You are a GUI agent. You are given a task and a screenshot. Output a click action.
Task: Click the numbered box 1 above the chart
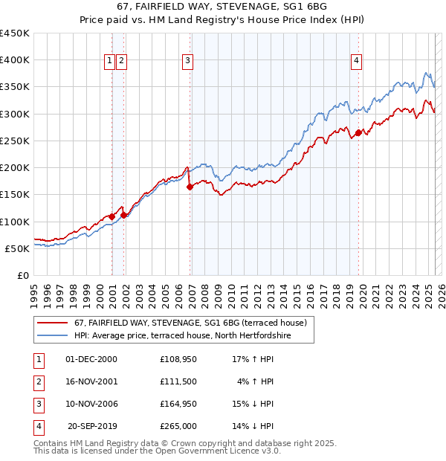[110, 61]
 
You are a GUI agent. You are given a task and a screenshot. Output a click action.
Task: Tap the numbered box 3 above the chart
[188, 61]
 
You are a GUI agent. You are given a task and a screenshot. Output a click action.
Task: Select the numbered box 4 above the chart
[357, 61]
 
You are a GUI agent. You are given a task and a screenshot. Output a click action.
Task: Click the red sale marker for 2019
[358, 133]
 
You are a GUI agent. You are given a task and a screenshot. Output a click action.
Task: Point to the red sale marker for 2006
[190, 187]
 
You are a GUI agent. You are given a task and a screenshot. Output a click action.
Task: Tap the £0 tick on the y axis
[22, 275]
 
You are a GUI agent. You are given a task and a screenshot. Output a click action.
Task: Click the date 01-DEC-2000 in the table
[91, 359]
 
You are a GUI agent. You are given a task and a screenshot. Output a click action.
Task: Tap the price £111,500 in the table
[178, 381]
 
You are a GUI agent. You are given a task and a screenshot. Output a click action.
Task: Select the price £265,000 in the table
[178, 426]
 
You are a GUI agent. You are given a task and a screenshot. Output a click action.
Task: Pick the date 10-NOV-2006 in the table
[91, 404]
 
